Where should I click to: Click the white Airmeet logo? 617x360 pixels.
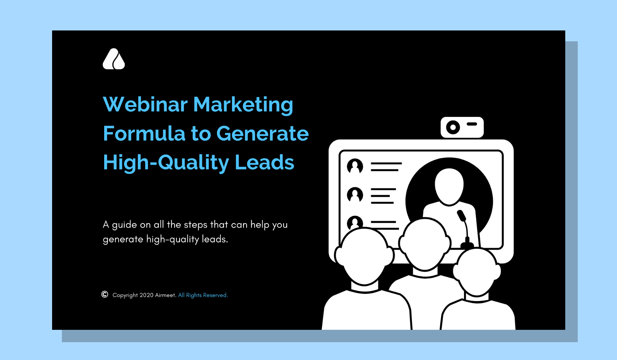[114, 59]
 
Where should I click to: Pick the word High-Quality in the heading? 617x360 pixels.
[166, 163]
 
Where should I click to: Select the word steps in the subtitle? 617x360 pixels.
[196, 225]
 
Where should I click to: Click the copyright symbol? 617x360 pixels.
[105, 295]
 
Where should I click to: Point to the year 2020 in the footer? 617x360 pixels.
[146, 295]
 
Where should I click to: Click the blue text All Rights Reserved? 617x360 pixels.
[203, 295]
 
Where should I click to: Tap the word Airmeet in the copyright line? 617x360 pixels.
[166, 295]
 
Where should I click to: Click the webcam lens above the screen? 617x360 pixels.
[453, 128]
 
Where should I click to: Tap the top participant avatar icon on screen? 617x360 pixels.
[355, 166]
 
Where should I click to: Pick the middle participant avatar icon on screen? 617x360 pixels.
[355, 195]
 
